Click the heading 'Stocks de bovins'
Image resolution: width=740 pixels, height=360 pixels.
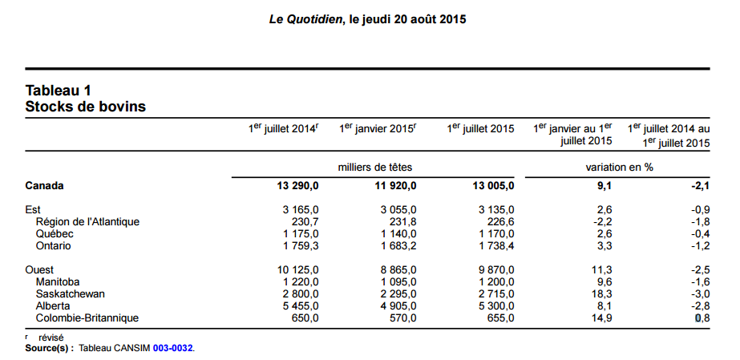pos(86,106)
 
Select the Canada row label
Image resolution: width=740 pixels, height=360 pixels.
pos(45,186)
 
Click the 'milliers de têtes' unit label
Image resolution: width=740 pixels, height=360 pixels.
pos(376,167)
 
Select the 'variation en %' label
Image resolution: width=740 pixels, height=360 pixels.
pos(620,167)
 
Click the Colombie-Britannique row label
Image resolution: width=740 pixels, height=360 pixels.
pos(87,318)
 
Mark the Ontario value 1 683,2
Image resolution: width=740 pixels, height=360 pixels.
pos(397,245)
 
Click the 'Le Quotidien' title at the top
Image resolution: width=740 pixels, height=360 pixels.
pos(302,19)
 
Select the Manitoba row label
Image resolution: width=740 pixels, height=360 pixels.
pos(58,281)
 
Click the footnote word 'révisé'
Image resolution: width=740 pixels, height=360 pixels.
pos(51,338)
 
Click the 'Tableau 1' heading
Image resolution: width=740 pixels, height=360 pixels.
pos(59,90)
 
